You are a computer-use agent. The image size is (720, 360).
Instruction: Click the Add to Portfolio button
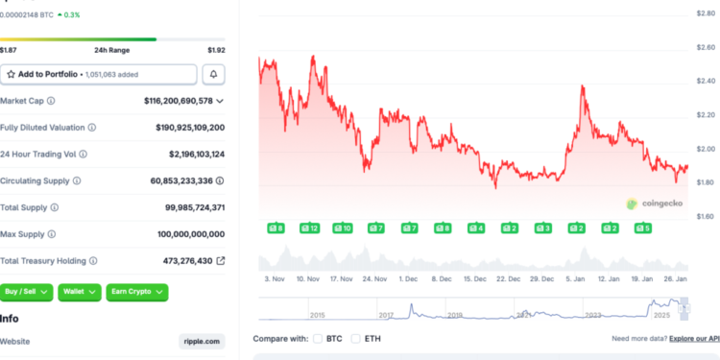click(x=98, y=74)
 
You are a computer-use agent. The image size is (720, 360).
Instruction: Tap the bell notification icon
click(x=214, y=74)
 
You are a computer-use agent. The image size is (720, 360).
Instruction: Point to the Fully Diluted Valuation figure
click(x=190, y=127)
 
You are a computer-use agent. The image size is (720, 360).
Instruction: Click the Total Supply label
click(x=25, y=206)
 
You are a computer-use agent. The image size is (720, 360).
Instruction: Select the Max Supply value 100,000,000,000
click(x=191, y=233)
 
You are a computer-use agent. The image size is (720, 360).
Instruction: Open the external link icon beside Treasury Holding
click(x=220, y=260)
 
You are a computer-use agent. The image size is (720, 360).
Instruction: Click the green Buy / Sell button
click(x=27, y=291)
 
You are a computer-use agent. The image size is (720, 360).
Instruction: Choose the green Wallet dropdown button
click(x=80, y=291)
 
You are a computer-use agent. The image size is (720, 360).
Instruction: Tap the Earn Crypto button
click(x=136, y=291)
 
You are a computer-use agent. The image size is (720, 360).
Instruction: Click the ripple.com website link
click(x=201, y=341)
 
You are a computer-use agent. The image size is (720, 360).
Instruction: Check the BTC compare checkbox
click(x=318, y=339)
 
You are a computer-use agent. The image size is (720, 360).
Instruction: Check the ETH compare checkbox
click(x=356, y=339)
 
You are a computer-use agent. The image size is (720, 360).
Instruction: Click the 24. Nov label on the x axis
click(x=373, y=278)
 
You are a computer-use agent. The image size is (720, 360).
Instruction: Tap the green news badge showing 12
click(x=308, y=228)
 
